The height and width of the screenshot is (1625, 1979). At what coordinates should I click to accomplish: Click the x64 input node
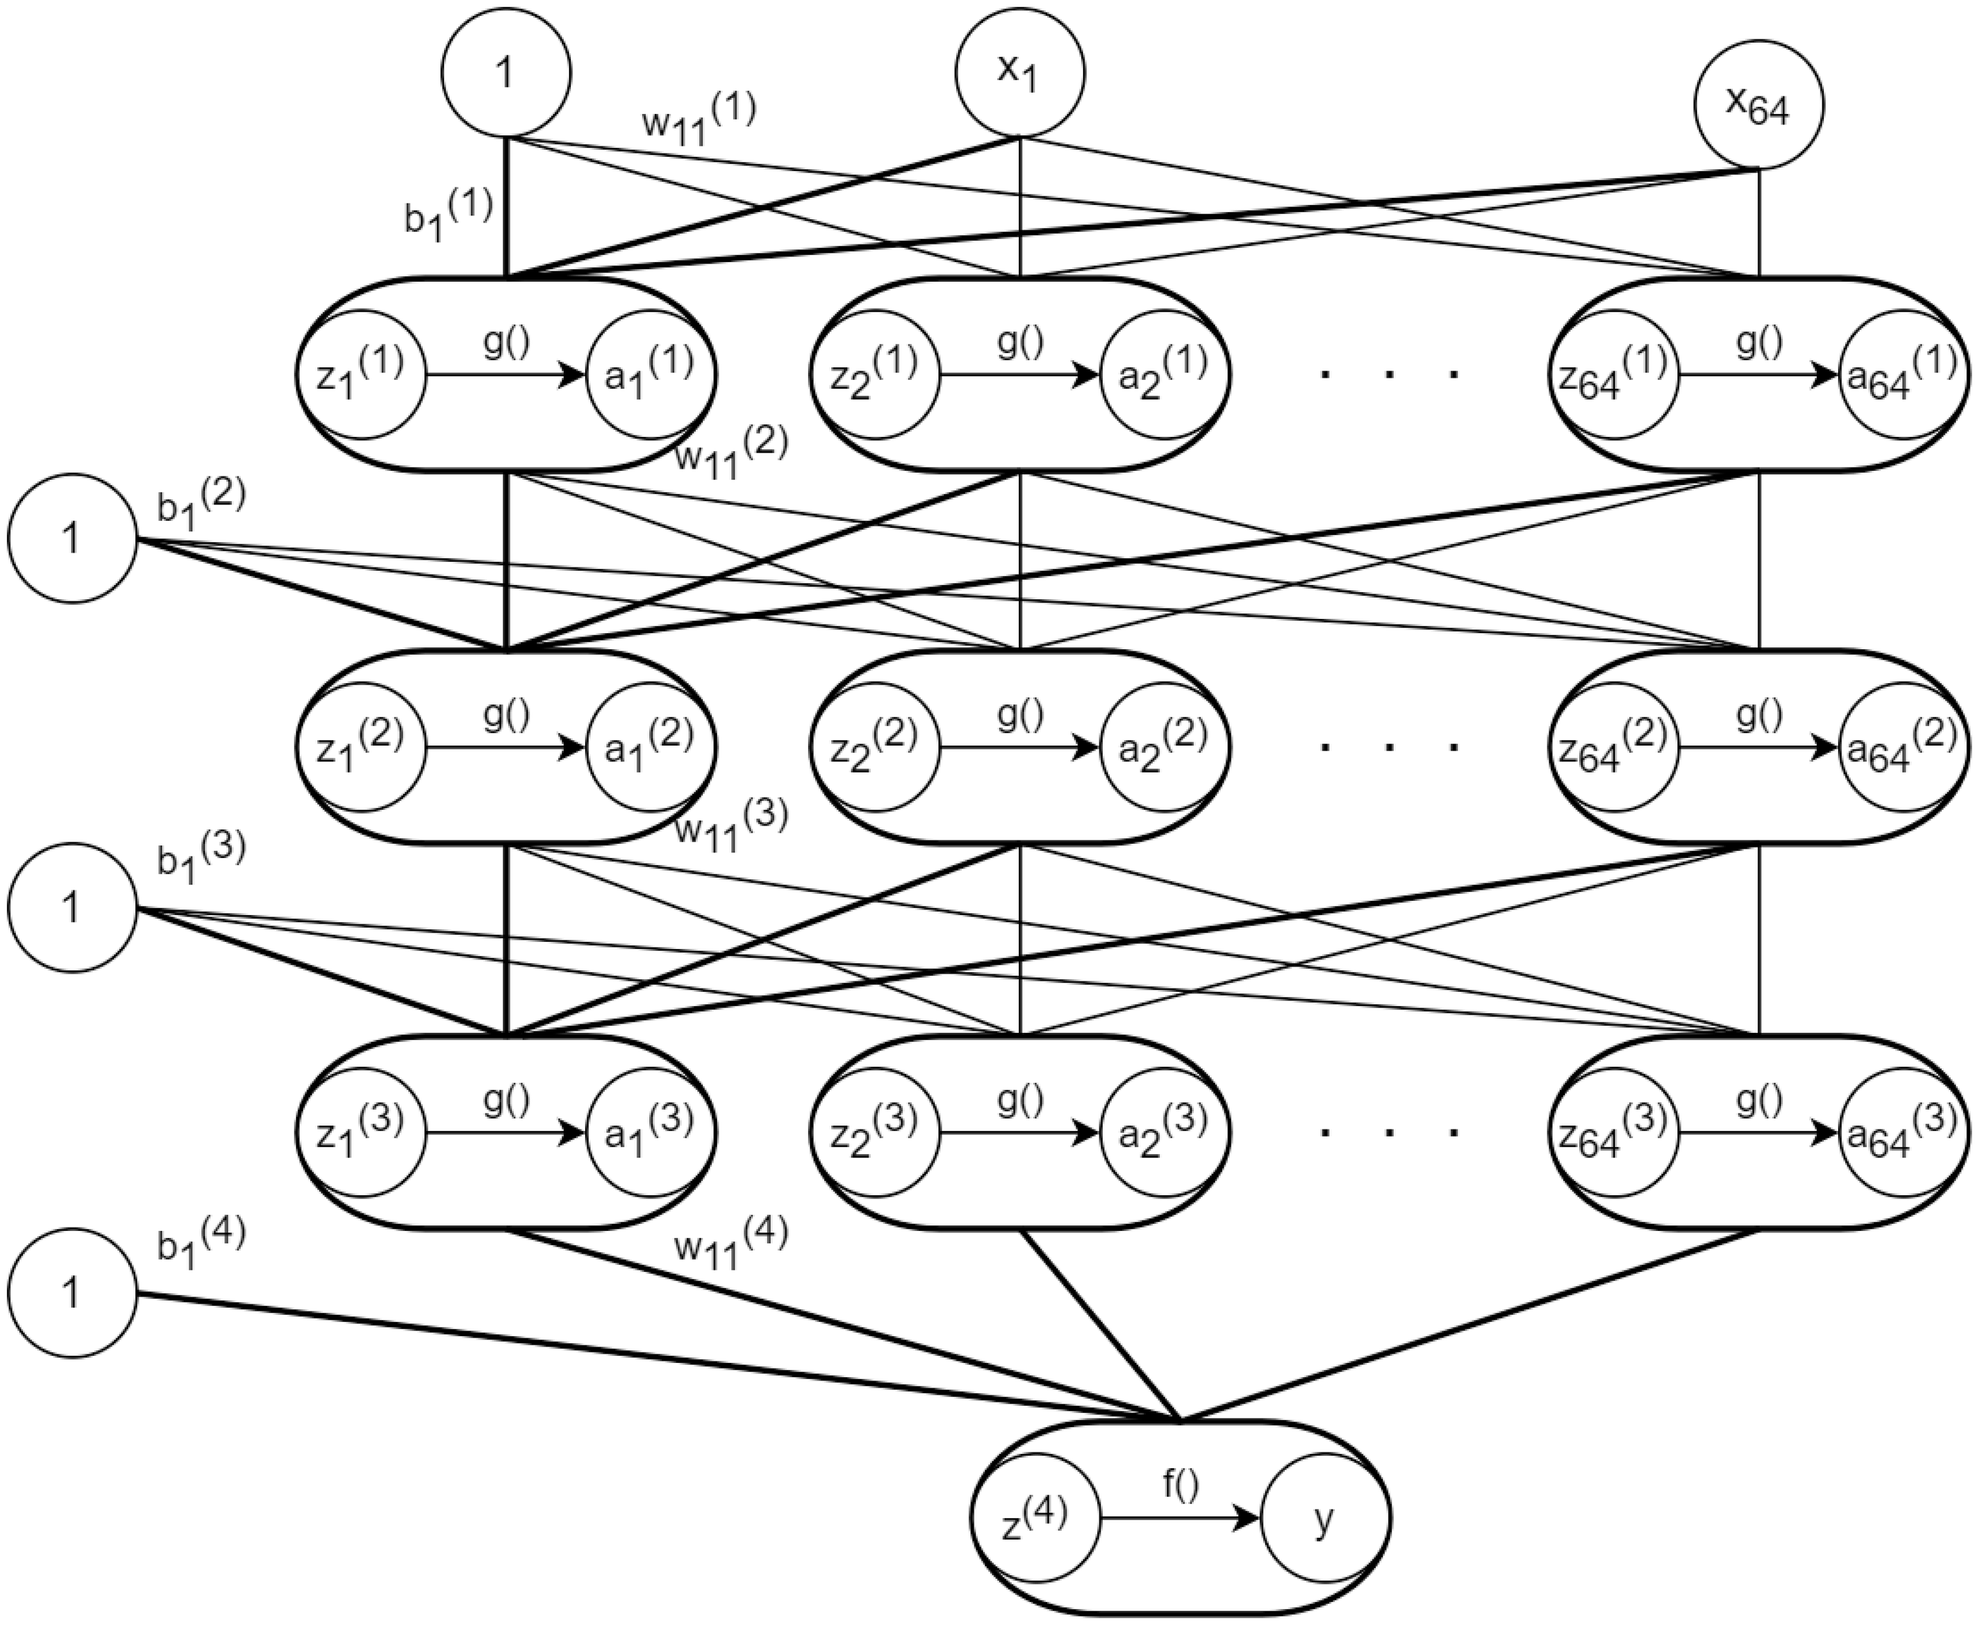point(1759,104)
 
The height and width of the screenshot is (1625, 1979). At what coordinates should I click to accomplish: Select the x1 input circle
point(1020,73)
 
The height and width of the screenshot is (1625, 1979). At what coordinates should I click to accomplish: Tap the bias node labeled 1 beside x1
point(506,73)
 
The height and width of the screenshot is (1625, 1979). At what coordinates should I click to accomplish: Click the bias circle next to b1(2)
point(73,538)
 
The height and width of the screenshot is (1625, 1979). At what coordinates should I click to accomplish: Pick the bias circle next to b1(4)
point(73,1293)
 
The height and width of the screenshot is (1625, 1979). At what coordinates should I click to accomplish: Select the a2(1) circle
point(1163,374)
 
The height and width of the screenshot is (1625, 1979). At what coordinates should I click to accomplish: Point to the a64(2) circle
point(1901,747)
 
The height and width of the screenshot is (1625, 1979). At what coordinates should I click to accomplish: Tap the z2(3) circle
point(876,1133)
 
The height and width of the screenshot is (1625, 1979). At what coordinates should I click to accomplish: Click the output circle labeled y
point(1324,1518)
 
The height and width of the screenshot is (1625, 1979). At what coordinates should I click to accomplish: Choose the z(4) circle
point(1035,1518)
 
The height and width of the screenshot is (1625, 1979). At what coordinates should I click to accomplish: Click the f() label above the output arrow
point(1180,1483)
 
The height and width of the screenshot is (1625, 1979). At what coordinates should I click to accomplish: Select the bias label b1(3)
point(200,856)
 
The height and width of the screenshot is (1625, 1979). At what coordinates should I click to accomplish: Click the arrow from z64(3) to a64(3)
point(1758,1133)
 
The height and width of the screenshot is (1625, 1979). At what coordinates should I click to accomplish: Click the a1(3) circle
point(649,1133)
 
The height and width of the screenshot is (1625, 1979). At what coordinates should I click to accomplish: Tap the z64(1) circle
point(1613,374)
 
